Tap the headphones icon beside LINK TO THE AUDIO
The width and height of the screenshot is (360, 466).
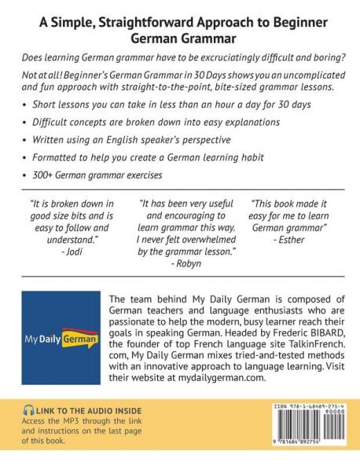click(29, 411)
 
